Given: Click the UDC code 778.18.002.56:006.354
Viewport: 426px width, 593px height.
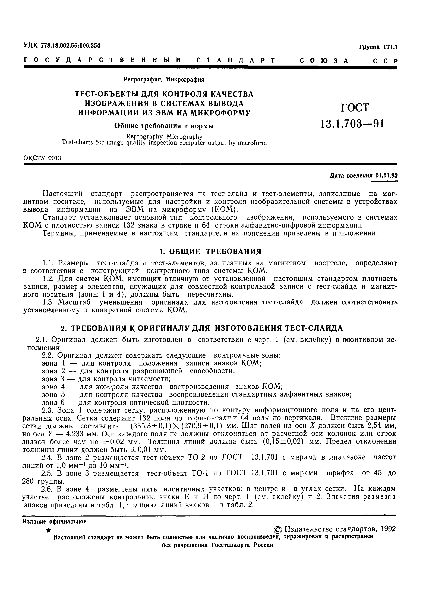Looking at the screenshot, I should [x=70, y=45].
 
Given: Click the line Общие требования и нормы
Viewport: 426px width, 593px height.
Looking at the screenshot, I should [x=164, y=126].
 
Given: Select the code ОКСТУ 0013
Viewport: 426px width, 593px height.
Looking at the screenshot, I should [x=42, y=158].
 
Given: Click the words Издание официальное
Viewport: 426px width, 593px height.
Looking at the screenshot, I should [x=54, y=521].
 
